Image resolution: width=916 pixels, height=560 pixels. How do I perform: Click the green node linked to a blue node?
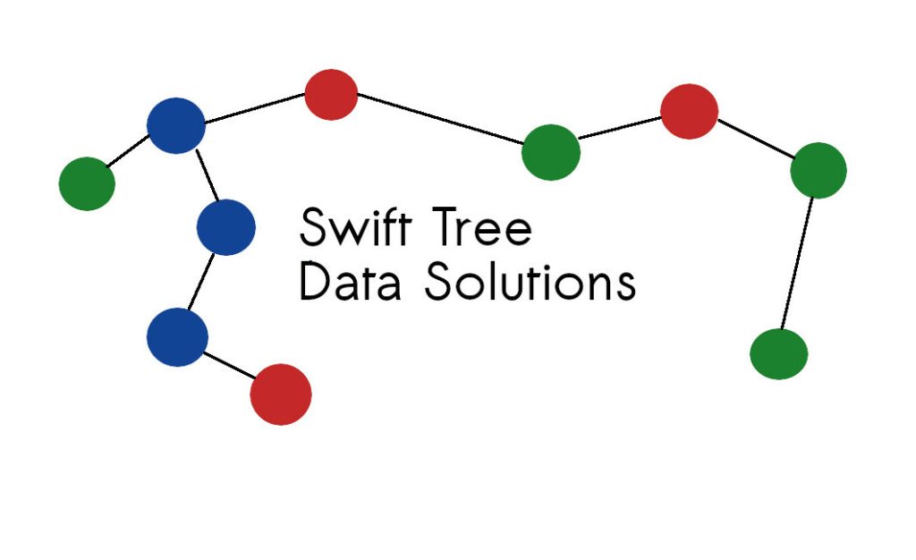(87, 183)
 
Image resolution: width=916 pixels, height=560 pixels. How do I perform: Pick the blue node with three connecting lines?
(176, 125)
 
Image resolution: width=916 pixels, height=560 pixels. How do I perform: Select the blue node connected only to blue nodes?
(225, 227)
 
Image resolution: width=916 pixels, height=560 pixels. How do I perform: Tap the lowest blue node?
(177, 337)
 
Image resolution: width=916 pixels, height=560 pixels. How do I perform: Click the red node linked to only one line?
(280, 394)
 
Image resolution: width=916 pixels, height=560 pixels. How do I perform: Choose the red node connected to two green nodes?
(689, 111)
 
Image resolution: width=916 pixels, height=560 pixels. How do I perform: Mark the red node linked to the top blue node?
(331, 94)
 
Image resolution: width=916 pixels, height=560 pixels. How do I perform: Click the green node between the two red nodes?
(550, 152)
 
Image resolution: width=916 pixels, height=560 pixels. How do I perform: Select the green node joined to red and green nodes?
(818, 170)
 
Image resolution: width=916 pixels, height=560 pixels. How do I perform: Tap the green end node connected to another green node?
(778, 354)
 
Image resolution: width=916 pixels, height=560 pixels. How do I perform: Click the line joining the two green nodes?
(798, 264)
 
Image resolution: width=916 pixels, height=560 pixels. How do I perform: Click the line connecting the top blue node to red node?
(254, 109)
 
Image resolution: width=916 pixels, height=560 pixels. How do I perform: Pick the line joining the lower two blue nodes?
(200, 283)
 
